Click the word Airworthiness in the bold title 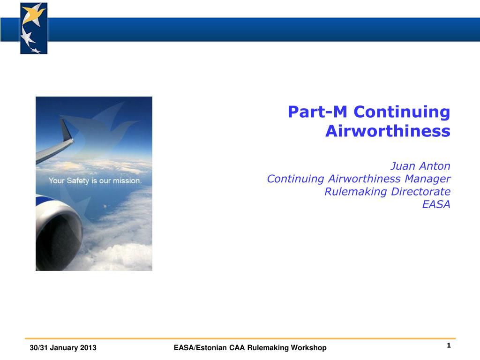388,131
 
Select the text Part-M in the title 317,112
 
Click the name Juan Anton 420,166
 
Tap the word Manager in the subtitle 427,179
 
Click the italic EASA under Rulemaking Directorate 436,204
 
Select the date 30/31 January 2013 63,348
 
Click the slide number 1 449,345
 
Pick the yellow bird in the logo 33,15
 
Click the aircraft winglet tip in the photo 63,120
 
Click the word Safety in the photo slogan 78,181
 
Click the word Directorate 420,192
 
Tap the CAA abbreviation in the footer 237,348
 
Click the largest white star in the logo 27,37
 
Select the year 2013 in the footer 88,348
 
